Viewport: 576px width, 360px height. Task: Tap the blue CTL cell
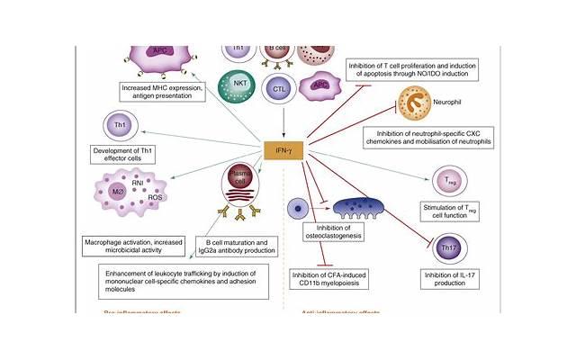point(280,89)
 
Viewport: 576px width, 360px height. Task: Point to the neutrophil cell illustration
point(396,106)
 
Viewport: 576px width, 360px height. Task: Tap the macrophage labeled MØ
point(119,193)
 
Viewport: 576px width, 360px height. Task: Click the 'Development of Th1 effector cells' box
point(129,153)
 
